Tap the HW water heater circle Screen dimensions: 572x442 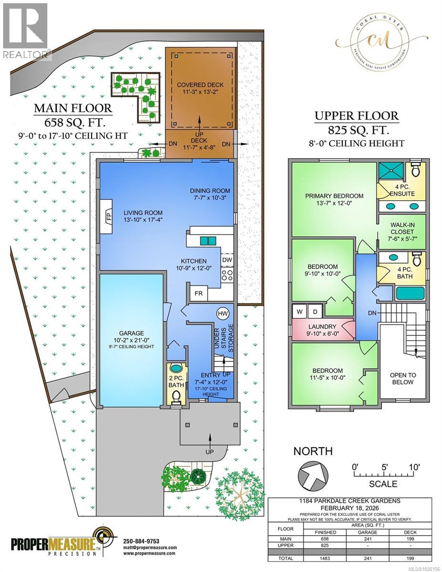(x=222, y=313)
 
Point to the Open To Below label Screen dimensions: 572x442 (x=401, y=378)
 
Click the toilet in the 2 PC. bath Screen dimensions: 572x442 (x=176, y=395)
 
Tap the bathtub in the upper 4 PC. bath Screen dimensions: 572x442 (x=410, y=293)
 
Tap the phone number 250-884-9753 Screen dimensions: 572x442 (x=141, y=541)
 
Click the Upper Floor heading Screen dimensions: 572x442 (x=356, y=116)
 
